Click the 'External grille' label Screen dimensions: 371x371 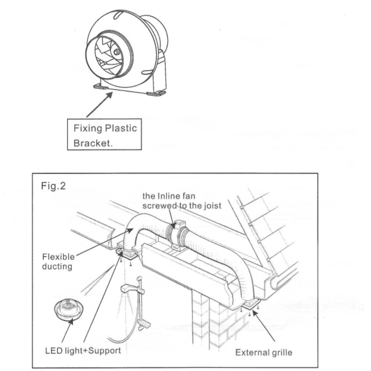tap(263, 353)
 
